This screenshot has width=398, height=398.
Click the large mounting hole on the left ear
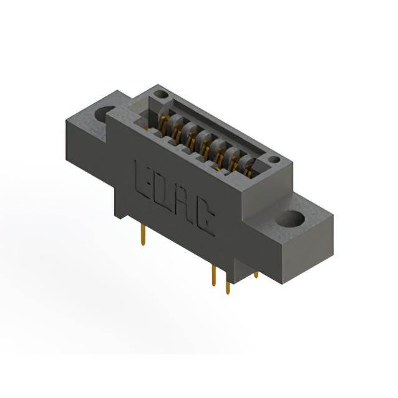(x=104, y=114)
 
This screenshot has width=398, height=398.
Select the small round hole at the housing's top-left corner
(x=161, y=95)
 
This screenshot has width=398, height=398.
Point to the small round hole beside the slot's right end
(x=274, y=160)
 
